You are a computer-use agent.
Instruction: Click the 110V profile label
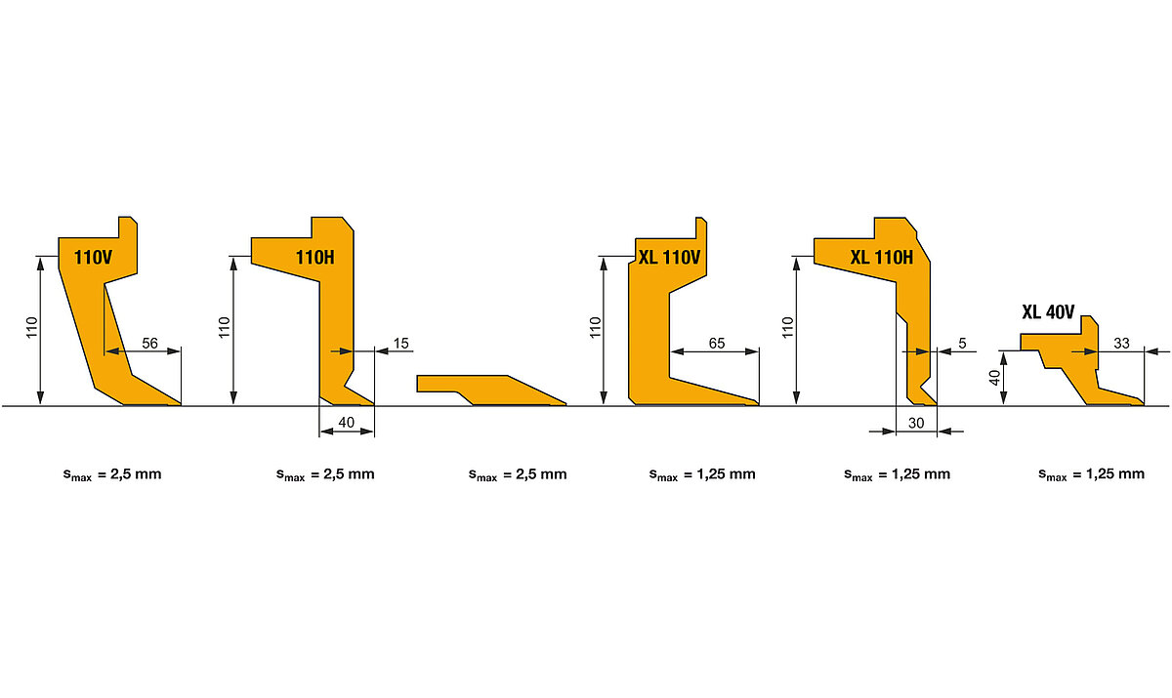[93, 258]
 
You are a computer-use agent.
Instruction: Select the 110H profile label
[314, 258]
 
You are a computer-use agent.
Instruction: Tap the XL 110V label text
[669, 258]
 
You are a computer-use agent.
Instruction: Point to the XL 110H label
[882, 258]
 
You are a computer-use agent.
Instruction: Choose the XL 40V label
[1048, 312]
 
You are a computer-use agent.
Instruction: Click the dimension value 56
[149, 343]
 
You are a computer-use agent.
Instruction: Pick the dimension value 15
[400, 343]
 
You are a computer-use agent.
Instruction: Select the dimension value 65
[717, 343]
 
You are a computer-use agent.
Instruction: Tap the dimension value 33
[1121, 343]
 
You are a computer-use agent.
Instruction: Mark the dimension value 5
[962, 343]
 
